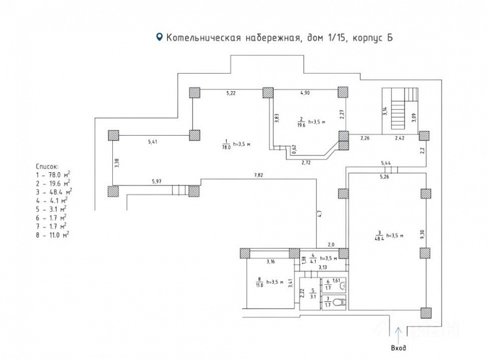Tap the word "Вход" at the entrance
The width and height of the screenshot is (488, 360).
pos(399,348)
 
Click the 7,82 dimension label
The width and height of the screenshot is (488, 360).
pos(259,175)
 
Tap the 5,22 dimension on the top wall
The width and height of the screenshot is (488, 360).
pos(230,93)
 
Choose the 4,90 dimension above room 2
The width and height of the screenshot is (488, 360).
pos(304,93)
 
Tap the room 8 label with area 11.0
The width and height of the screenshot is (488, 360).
pos(259,283)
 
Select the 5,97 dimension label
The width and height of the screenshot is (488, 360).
pos(157,181)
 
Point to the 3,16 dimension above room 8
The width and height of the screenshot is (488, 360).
pos(271,262)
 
